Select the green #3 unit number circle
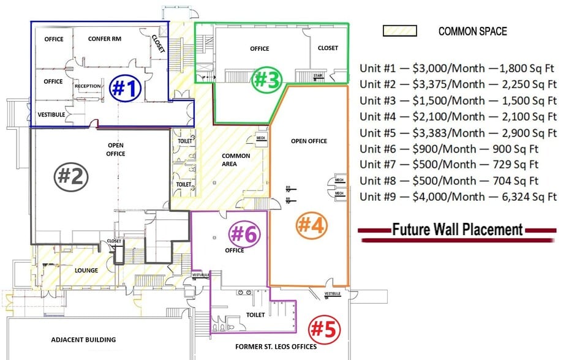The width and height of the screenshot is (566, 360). coord(268,79)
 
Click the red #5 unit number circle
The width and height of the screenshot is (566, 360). coord(323,329)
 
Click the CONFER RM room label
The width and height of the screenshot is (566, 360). coord(104,39)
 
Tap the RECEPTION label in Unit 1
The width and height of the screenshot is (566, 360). coord(88,86)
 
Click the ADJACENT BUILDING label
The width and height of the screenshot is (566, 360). coord(83,340)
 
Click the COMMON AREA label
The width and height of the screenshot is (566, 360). coord(236,160)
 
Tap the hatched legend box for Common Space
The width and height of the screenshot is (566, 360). coord(399,31)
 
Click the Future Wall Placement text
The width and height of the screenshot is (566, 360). coord(457,230)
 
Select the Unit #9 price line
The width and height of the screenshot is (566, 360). coord(458,197)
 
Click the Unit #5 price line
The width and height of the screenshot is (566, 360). coord(458,132)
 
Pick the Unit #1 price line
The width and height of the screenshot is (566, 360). coord(458,68)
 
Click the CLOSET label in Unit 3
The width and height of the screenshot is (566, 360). coord(328,48)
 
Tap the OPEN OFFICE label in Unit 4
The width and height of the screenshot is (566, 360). coord(309,141)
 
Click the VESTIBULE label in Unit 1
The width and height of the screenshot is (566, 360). coord(51,114)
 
